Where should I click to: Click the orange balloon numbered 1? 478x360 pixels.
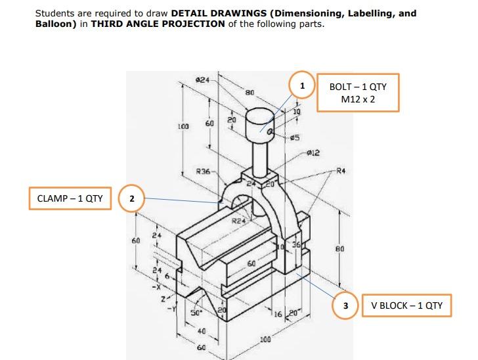(302, 86)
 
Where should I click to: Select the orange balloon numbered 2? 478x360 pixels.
(131, 198)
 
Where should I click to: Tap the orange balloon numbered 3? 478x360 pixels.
(345, 305)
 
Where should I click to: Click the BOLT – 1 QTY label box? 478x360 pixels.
(358, 93)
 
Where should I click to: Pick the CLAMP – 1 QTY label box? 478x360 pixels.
(70, 198)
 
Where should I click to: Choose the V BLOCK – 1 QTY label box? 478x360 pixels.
(406, 305)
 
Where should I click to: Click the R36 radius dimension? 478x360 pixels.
(204, 171)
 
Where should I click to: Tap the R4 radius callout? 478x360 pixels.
(339, 172)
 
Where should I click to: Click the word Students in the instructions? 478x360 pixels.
(55, 13)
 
